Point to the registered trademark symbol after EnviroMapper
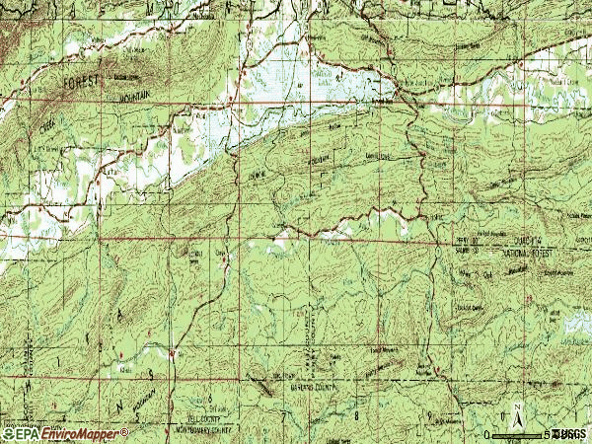tap(125, 430)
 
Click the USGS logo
tap(570, 434)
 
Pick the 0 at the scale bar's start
tap(487, 435)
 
